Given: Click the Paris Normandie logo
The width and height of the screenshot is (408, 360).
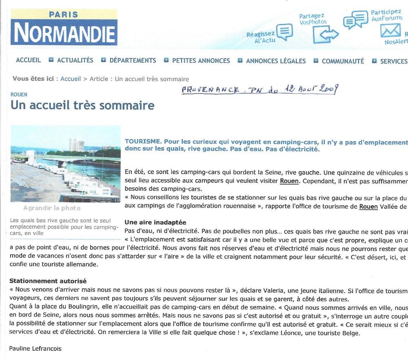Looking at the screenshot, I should pos(64,28).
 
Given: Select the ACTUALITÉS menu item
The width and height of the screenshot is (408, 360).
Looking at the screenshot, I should pos(75,61).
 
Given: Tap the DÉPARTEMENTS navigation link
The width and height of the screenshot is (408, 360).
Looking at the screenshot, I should pos(133,61).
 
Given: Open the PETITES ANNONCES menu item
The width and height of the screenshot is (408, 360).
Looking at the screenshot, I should pos(201,61).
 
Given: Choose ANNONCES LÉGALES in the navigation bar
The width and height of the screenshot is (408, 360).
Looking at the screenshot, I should pos(276,61).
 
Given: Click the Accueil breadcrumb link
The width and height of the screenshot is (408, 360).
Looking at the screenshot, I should pos(71,79).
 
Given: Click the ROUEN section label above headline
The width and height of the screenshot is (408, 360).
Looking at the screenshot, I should pos(19,95).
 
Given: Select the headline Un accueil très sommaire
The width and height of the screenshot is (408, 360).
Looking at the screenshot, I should pos(82,106).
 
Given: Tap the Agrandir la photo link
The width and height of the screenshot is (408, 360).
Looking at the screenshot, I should pos(52,208).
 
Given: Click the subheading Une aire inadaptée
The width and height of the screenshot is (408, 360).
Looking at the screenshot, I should pos(155,222).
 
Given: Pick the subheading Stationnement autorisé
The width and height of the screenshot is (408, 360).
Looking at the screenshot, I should pos(48,281).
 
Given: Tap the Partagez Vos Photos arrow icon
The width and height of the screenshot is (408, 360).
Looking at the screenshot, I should pos(326,34).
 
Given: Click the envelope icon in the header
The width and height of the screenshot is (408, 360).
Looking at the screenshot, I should pos(391,31).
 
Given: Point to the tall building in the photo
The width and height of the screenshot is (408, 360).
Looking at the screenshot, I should pos(76,145).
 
